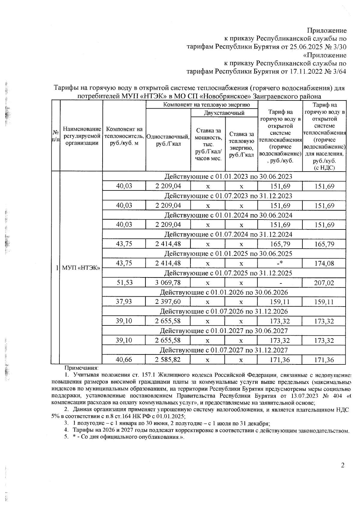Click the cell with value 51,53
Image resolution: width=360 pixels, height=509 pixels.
pos(124,283)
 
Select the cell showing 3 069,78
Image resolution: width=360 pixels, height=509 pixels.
pos(168,283)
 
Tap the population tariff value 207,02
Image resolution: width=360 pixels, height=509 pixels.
pos(324,283)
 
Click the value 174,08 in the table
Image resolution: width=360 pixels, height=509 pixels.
pos(324,263)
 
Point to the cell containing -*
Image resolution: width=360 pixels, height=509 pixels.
pos(280,263)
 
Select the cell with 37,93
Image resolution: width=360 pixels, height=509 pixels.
pos(124,302)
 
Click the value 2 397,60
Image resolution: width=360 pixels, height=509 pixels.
pos(168,302)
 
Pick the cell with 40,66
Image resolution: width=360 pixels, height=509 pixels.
pos(124,360)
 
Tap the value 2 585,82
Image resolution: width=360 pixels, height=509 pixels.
pos(168,360)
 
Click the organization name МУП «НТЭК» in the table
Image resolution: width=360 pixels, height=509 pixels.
pos(81,268)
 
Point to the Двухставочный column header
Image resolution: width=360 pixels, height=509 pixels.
pos(224,113)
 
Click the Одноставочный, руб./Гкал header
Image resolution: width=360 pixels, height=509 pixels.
pos(168,140)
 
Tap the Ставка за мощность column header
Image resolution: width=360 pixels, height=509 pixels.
pos(208,144)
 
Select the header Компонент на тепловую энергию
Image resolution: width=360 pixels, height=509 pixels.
pos(202,105)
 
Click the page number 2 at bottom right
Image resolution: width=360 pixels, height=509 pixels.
pos(343,465)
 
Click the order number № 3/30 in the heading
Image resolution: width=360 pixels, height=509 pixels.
pos(336,47)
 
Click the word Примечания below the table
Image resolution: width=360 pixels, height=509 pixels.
pos(82,368)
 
